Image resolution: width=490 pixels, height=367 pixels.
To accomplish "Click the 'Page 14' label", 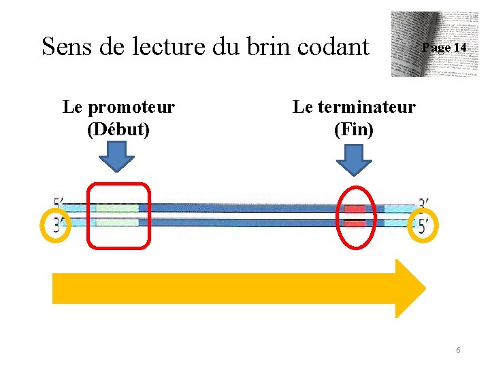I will pyautogui.click(x=444, y=48).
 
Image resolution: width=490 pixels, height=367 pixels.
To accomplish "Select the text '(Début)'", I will pyautogui.click(x=118, y=129).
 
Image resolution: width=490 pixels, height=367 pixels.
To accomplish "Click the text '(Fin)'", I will pyautogui.click(x=354, y=129).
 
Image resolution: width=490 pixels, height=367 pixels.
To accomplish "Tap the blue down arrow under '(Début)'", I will pyautogui.click(x=117, y=160).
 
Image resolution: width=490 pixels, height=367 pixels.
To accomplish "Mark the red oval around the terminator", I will pyautogui.click(x=355, y=215).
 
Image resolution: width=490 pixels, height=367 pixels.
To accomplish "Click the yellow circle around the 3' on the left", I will pyautogui.click(x=56, y=224).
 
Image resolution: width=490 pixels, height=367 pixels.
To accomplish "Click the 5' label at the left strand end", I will pyautogui.click(x=59, y=203).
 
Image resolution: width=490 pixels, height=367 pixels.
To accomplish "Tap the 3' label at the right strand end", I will pyautogui.click(x=423, y=203).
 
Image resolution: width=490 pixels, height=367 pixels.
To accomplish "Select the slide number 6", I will pyautogui.click(x=458, y=349).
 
